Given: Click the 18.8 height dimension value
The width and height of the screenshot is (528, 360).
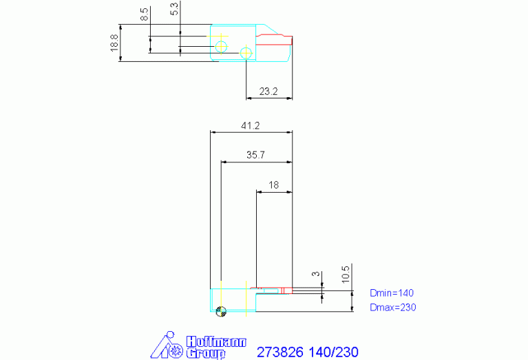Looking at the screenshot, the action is [114, 43].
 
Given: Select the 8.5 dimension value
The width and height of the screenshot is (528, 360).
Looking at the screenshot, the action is [145, 14].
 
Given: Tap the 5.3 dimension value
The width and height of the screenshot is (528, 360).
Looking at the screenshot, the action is [174, 8].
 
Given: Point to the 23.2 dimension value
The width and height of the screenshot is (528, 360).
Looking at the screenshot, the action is [268, 92].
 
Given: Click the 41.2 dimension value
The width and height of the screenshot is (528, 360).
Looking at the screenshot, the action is [250, 125].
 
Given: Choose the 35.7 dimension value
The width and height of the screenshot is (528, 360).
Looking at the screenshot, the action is [255, 155].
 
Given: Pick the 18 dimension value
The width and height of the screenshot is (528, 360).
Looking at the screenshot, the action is [273, 185].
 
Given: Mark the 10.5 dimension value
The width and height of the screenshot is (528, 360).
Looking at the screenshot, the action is [346, 274].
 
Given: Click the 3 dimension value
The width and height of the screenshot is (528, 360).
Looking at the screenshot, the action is [315, 274].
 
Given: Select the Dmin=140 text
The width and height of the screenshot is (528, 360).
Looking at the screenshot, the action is [392, 293].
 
